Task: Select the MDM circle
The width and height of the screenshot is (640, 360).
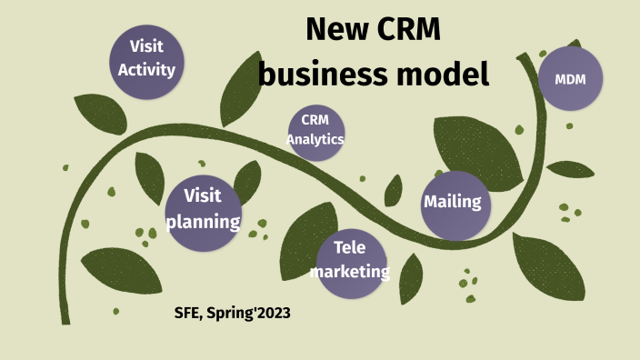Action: click(570, 79)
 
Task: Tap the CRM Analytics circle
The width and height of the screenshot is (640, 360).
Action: click(315, 132)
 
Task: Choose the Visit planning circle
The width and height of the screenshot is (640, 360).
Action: click(204, 212)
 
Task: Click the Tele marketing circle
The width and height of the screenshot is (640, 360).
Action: click(350, 263)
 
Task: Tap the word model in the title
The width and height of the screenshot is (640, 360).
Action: click(439, 73)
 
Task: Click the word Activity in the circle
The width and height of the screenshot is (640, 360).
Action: click(146, 69)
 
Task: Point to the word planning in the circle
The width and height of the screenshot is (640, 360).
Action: click(204, 222)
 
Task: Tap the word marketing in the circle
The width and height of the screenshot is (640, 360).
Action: click(350, 272)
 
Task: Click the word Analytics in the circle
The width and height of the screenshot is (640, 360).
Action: click(315, 140)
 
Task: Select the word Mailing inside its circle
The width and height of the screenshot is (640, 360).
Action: click(453, 202)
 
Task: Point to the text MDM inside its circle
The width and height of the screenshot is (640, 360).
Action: click(570, 80)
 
